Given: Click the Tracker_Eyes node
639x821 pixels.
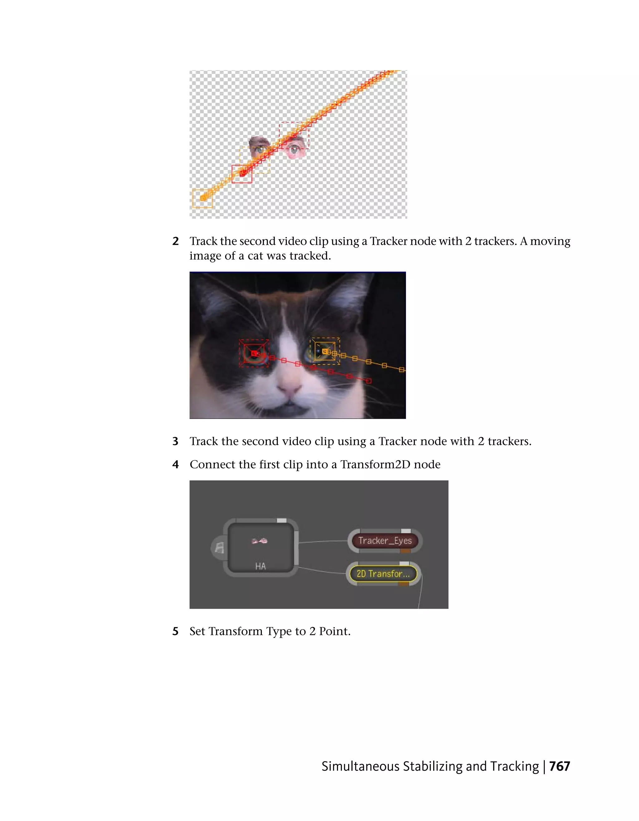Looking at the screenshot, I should point(385,541).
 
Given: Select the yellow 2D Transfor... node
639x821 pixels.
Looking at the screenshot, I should point(383,574).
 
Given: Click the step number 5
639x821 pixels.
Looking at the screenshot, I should point(175,631).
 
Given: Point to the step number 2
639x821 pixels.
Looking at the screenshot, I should point(175,241).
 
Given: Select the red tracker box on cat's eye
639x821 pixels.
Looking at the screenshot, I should point(254,353).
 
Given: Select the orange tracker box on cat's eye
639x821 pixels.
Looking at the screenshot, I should point(325,351).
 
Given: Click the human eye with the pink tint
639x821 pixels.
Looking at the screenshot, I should point(295,150).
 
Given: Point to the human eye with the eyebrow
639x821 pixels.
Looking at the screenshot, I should point(260,147).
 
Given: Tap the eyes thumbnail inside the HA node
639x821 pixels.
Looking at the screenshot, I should point(260,541).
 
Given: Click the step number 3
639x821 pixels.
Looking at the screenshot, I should point(175,441).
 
